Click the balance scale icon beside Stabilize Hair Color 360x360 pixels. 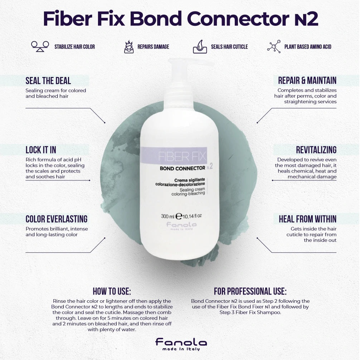click(x=40, y=47)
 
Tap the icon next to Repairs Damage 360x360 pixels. click(x=129, y=47)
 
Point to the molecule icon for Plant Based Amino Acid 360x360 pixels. click(x=274, y=47)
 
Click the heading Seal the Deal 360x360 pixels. click(x=48, y=81)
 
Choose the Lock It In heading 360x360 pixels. click(x=41, y=150)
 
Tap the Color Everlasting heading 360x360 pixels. click(x=57, y=219)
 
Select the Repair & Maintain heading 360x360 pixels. click(x=307, y=81)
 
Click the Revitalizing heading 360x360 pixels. click(x=316, y=150)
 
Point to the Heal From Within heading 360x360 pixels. click(x=308, y=219)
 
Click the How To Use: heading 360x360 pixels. click(x=112, y=291)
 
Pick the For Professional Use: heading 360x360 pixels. click(x=250, y=291)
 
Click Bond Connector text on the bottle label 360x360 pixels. click(x=183, y=168)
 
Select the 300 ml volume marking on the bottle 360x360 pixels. click(x=167, y=216)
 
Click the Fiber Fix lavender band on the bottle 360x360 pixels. click(x=174, y=155)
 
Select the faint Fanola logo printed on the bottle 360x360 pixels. click(x=181, y=225)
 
